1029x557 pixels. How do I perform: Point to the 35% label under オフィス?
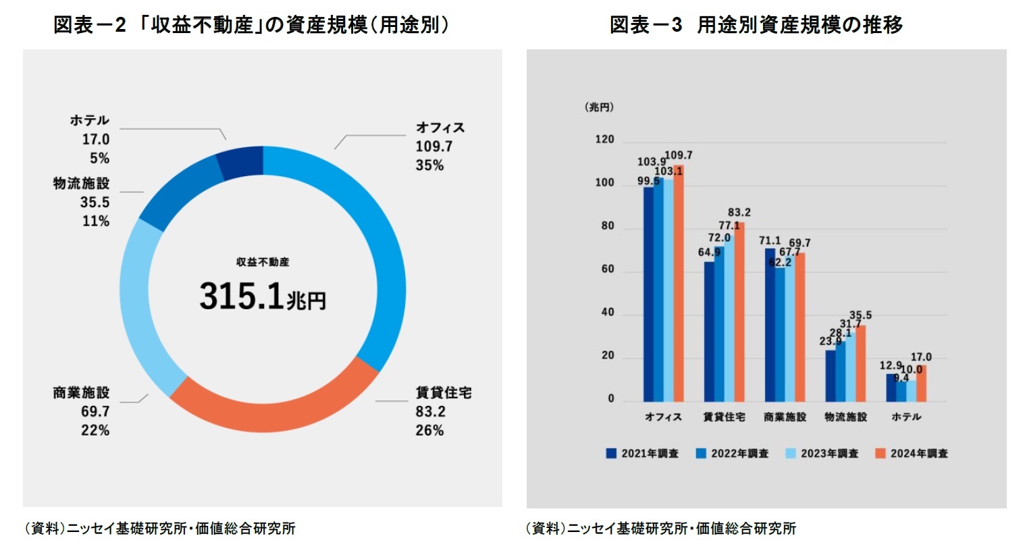(429, 165)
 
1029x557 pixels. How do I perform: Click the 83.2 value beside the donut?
(430, 411)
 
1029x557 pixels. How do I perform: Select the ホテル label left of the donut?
(89, 120)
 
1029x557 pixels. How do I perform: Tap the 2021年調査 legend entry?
(642, 454)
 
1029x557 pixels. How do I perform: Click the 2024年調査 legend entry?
(911, 454)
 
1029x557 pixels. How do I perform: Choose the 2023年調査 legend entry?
(822, 454)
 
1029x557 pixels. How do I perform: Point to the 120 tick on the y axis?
(604, 140)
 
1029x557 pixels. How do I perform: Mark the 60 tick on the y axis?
(608, 269)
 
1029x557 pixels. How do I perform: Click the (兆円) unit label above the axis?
(599, 107)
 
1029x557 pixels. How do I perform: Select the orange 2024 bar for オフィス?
(678, 284)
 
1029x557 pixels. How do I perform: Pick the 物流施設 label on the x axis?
(845, 417)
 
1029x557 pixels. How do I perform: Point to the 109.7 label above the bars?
(679, 155)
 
